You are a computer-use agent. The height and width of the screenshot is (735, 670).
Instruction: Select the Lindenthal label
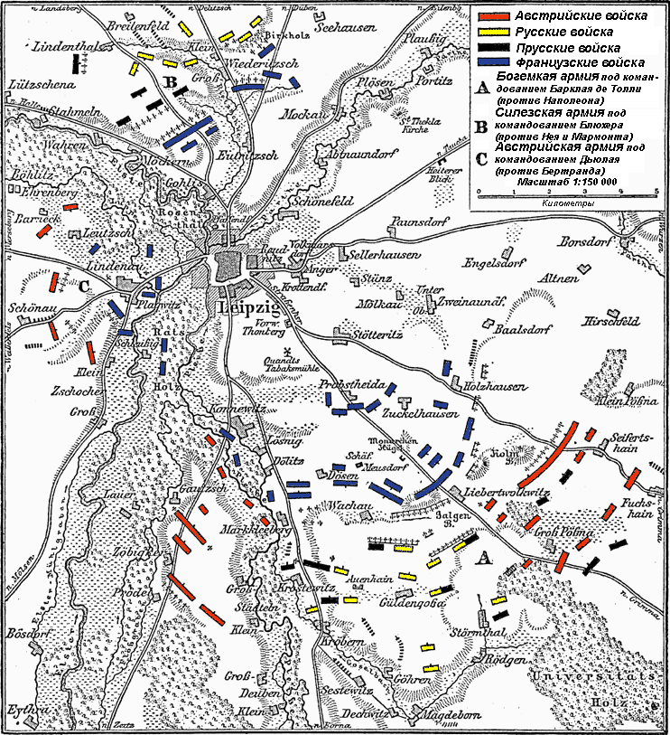pos(65,44)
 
